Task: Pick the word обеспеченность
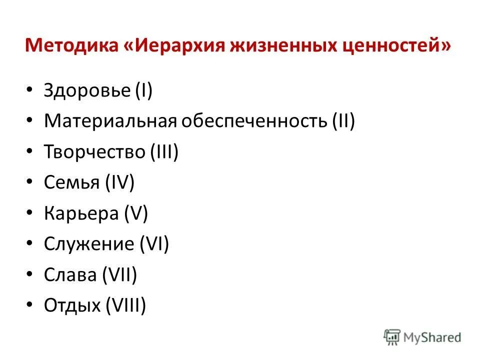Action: pos(253,122)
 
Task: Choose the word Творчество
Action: pos(94,152)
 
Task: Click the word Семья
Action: pos(71,183)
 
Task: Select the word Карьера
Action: pos(77,214)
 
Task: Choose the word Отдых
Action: pos(72,305)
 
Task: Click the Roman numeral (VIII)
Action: pos(125,305)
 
